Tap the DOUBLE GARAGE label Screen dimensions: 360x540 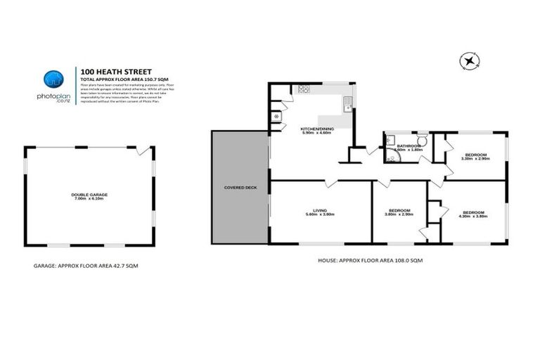pos(89,194)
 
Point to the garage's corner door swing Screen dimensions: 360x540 pos(143,150)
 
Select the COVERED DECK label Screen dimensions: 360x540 pos(239,188)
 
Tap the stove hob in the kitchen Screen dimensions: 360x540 pos(304,89)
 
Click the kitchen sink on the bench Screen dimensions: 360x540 pos(347,105)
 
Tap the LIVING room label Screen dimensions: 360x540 pos(321,210)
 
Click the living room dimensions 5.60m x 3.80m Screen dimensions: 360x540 pos(321,214)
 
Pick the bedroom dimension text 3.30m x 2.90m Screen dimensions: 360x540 pos(475,159)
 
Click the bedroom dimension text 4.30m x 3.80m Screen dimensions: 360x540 pos(475,217)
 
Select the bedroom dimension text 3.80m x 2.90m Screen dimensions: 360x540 pos(399,214)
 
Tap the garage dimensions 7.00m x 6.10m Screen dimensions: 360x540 pos(89,199)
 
